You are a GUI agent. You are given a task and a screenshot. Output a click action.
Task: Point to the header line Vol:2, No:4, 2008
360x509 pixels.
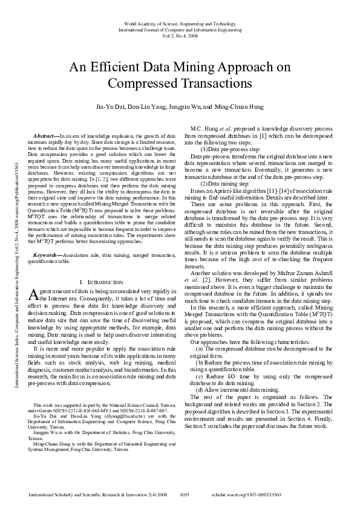[180, 36]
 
